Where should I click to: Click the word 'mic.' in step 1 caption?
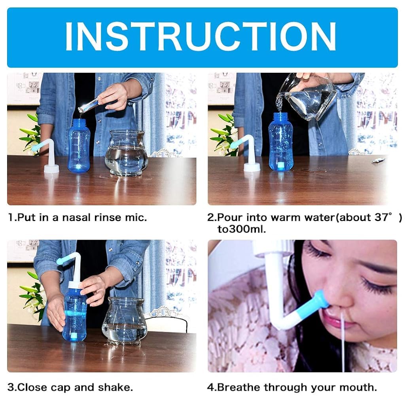coord(136,218)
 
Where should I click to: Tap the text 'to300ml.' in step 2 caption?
coord(241,229)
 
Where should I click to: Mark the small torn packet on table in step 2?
coord(378,160)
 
